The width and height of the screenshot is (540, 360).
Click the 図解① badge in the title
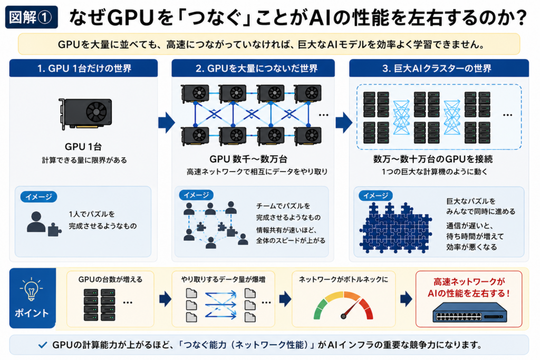pos(31,17)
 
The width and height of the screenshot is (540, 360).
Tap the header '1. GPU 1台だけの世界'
pos(84,68)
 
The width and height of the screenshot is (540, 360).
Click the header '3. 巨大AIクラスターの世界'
pos(437,68)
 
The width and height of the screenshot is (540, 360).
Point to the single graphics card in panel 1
pos(85,113)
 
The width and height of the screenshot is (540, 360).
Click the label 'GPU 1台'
pos(83,147)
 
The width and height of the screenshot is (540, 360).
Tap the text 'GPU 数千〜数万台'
pos(248,159)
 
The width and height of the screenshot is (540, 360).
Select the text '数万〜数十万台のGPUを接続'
pos(433,159)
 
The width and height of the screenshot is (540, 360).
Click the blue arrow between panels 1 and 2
pos(167,122)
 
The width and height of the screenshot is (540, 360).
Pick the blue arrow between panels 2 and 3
pos(344,122)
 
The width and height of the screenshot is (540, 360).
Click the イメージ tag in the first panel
pos(39,197)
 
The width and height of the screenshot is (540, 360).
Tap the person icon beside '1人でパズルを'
pos(36,222)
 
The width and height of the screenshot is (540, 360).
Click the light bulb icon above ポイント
pos(31,289)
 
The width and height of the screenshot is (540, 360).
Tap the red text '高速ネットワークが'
pos(469,282)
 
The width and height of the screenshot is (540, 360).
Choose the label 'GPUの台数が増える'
pos(110,279)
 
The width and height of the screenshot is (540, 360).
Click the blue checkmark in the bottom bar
pos(43,345)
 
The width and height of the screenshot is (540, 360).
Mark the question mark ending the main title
pos(521,17)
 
